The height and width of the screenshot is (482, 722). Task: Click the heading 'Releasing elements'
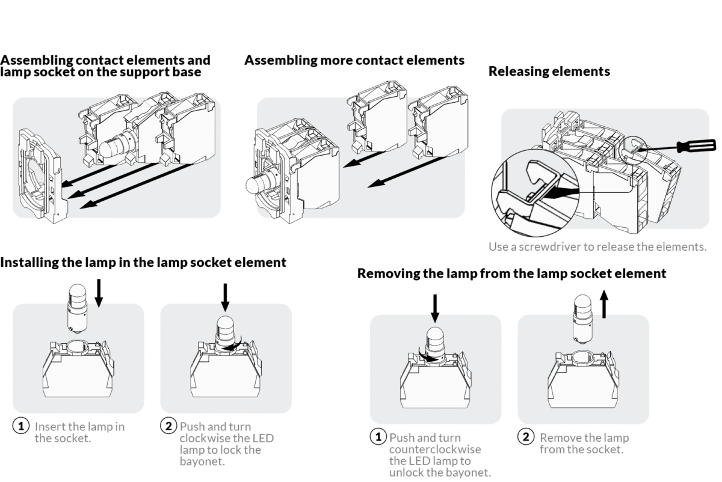(x=549, y=72)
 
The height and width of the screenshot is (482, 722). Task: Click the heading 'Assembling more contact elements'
(x=354, y=60)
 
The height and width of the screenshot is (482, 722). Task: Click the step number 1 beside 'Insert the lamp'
(x=21, y=427)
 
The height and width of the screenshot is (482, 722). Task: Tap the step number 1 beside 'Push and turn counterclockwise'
(x=378, y=437)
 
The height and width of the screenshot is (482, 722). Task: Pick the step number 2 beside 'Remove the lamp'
(x=526, y=438)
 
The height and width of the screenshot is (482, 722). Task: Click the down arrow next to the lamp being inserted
(x=100, y=292)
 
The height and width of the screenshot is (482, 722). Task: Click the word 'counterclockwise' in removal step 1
(x=435, y=450)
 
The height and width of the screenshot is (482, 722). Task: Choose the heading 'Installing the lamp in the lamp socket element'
(x=143, y=262)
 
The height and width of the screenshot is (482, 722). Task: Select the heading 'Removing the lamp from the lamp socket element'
(x=511, y=273)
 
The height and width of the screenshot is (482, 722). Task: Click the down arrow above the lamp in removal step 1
(x=436, y=309)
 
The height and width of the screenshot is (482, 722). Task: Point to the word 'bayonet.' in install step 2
(x=202, y=461)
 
